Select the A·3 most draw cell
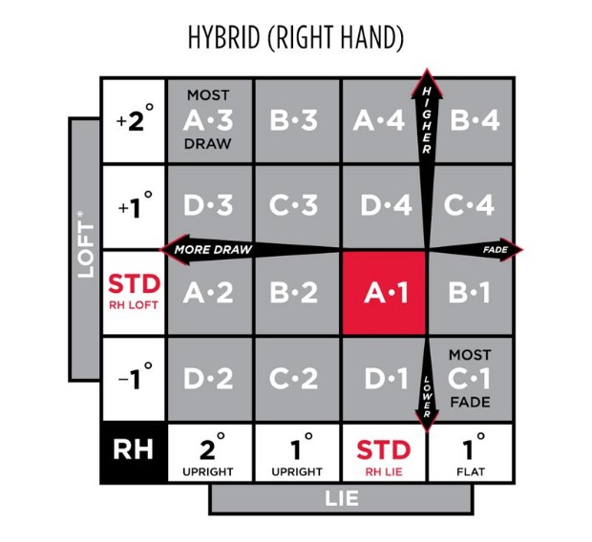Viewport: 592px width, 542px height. click(x=208, y=121)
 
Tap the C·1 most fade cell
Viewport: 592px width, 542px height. click(x=469, y=379)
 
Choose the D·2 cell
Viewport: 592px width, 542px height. click(x=208, y=379)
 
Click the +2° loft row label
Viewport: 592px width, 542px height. click(x=133, y=121)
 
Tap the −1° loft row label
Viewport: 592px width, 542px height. click(x=133, y=379)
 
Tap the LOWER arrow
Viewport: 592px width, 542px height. click(x=426, y=391)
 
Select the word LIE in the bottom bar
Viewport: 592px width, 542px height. click(x=341, y=498)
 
